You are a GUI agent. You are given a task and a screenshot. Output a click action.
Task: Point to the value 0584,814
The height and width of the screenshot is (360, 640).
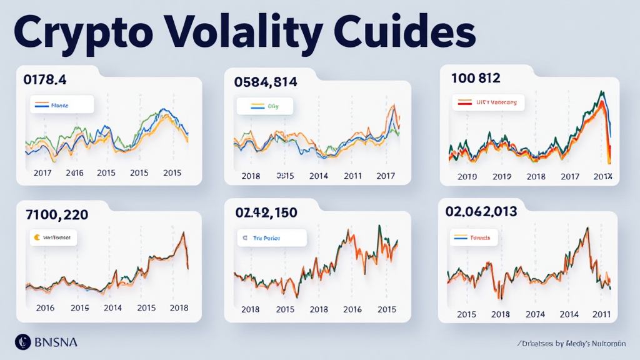(266, 82)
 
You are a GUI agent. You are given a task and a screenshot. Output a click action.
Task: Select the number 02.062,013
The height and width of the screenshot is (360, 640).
(481, 211)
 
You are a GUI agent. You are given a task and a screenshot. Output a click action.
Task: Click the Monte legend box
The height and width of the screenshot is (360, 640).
(61, 105)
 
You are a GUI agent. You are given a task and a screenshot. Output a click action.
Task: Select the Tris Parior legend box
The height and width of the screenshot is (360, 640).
(271, 238)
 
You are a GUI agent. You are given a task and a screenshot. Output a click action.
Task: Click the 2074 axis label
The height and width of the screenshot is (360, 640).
(535, 314)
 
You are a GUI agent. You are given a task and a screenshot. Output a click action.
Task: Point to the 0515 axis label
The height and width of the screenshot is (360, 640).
(284, 176)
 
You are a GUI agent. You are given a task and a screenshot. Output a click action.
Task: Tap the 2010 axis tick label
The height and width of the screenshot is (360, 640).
(467, 176)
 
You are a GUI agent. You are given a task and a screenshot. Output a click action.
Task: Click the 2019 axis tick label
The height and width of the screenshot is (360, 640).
(501, 176)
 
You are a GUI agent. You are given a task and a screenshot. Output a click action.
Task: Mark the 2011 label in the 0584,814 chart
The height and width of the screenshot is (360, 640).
(352, 176)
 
